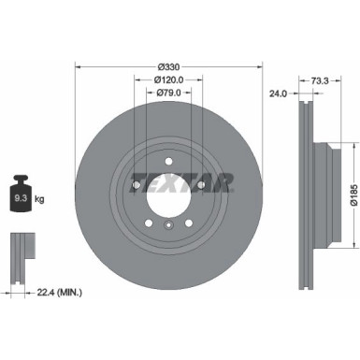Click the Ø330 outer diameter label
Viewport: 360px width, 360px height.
(168, 66)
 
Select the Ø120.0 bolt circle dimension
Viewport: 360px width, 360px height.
(168, 80)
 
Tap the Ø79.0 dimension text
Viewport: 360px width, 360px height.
(168, 94)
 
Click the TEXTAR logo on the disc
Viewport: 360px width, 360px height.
(168, 179)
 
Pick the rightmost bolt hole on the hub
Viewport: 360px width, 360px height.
(203, 187)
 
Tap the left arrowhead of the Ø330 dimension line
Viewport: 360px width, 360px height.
(76, 66)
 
